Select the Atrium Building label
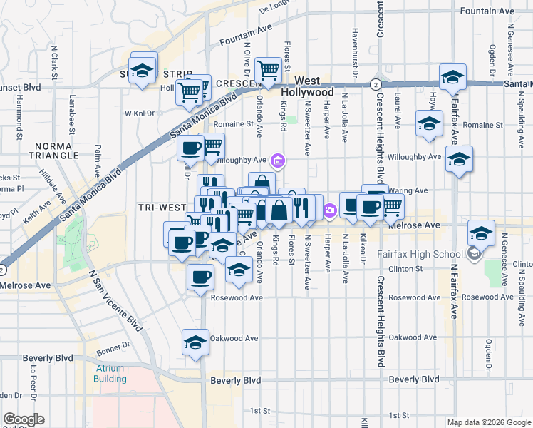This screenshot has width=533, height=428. click(x=109, y=374)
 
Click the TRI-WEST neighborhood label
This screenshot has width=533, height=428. click(x=163, y=207)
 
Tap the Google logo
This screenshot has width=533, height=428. click(x=24, y=419)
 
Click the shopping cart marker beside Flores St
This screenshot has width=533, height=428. click(x=268, y=70)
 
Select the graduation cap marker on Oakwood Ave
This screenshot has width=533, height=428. click(x=195, y=342)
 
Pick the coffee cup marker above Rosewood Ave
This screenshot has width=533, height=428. click(x=200, y=276)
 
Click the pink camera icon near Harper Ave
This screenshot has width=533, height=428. click(x=329, y=210)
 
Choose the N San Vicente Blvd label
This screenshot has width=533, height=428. click(x=106, y=300)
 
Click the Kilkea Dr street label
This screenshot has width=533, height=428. click(x=363, y=246)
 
